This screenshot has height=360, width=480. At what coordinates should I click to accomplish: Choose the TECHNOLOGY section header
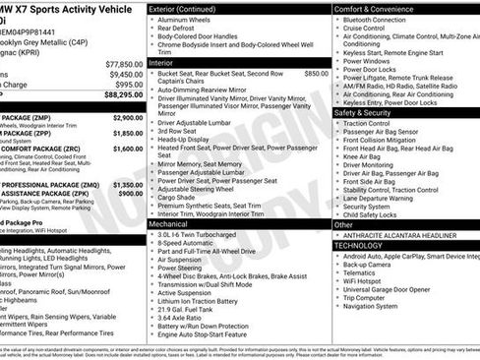coord(367,245)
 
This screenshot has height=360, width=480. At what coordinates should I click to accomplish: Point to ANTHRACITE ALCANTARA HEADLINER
coord(401,235)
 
